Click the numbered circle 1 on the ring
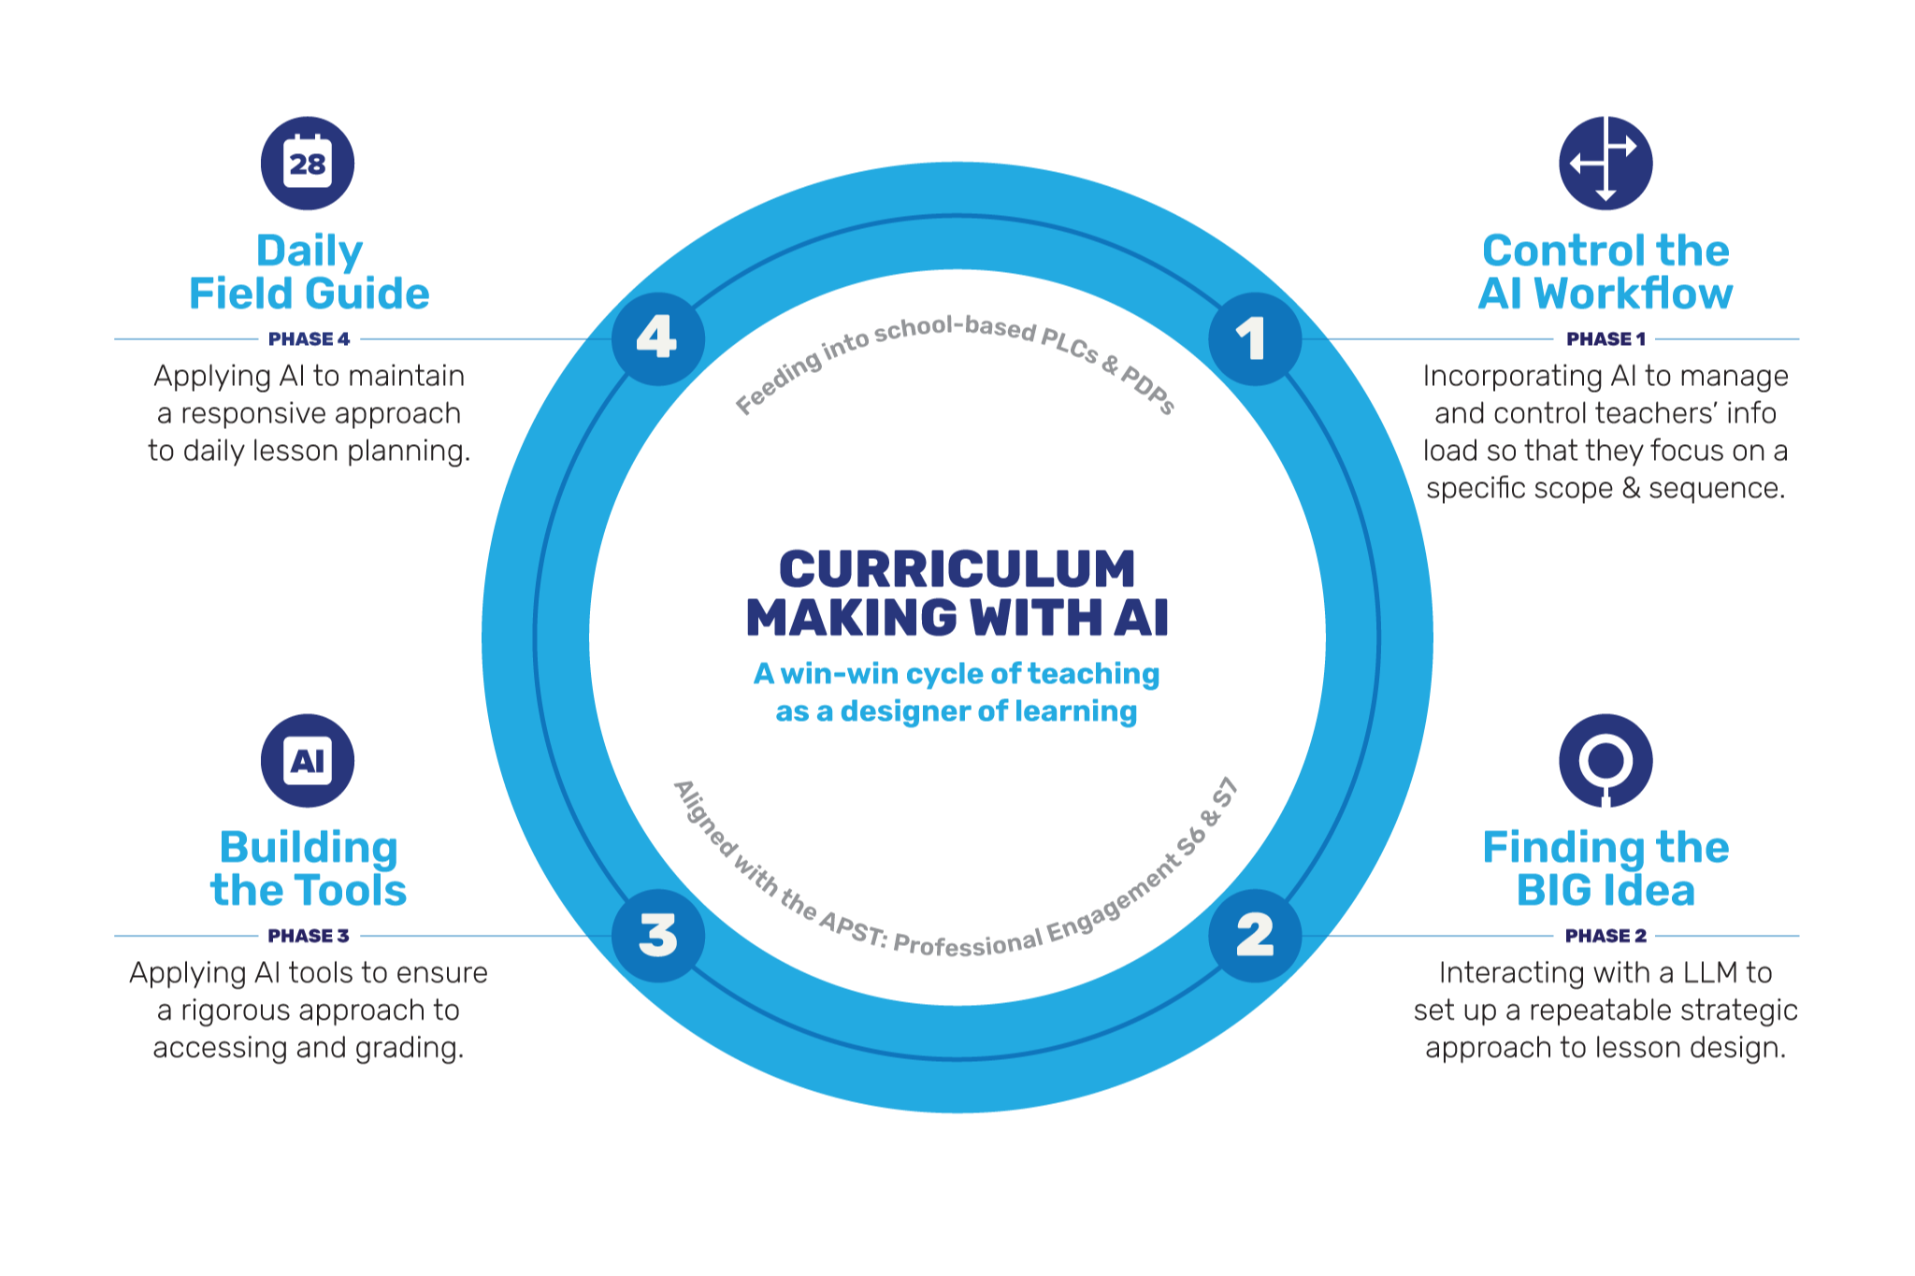1254,338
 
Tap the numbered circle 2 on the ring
1254,935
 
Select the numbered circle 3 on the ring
658,935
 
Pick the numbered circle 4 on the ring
658,338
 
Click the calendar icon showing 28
308,164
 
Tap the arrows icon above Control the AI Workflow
1605,164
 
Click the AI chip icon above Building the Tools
308,761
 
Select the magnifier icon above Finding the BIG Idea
1605,761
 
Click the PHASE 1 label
1605,339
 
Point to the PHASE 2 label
1605,936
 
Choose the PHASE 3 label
309,936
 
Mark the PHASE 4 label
309,339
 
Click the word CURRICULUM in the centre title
957,569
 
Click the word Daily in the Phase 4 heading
310,252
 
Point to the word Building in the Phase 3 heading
309,849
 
